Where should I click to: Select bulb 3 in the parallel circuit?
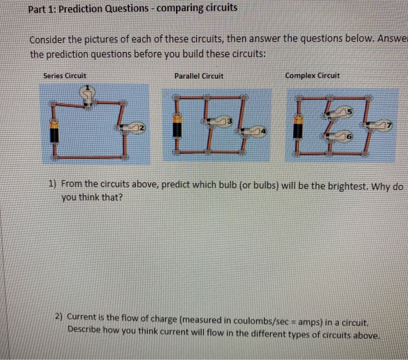[x=224, y=121]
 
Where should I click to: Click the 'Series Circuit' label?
[x=65, y=76]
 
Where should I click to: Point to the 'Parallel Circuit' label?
[x=199, y=76]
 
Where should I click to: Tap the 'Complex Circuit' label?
[x=312, y=76]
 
